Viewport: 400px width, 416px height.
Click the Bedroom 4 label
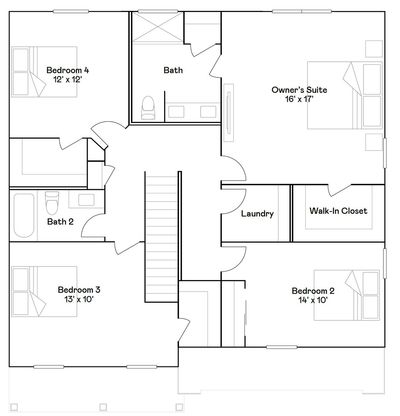point(68,70)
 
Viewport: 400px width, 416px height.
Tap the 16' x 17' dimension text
point(299,99)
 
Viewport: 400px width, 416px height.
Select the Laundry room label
point(257,214)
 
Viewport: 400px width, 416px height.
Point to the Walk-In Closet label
point(338,211)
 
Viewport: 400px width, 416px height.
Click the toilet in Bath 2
point(52,203)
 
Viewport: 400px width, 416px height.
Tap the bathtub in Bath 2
point(24,215)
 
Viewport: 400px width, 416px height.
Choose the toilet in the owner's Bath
point(148,108)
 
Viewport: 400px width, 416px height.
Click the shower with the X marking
point(157,27)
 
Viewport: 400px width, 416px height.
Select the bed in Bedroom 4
point(45,72)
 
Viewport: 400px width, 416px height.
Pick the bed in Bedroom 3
point(45,291)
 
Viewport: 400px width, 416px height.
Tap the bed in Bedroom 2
point(347,295)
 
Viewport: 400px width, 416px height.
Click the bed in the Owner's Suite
point(345,95)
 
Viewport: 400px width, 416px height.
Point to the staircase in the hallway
point(161,237)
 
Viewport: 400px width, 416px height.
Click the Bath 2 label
point(60,222)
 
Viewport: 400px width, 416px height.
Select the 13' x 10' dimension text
point(79,299)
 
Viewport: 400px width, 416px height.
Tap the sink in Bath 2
point(86,200)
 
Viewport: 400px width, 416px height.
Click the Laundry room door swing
point(234,200)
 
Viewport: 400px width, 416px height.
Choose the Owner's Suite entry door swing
point(234,168)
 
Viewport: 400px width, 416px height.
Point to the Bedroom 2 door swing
point(234,259)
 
